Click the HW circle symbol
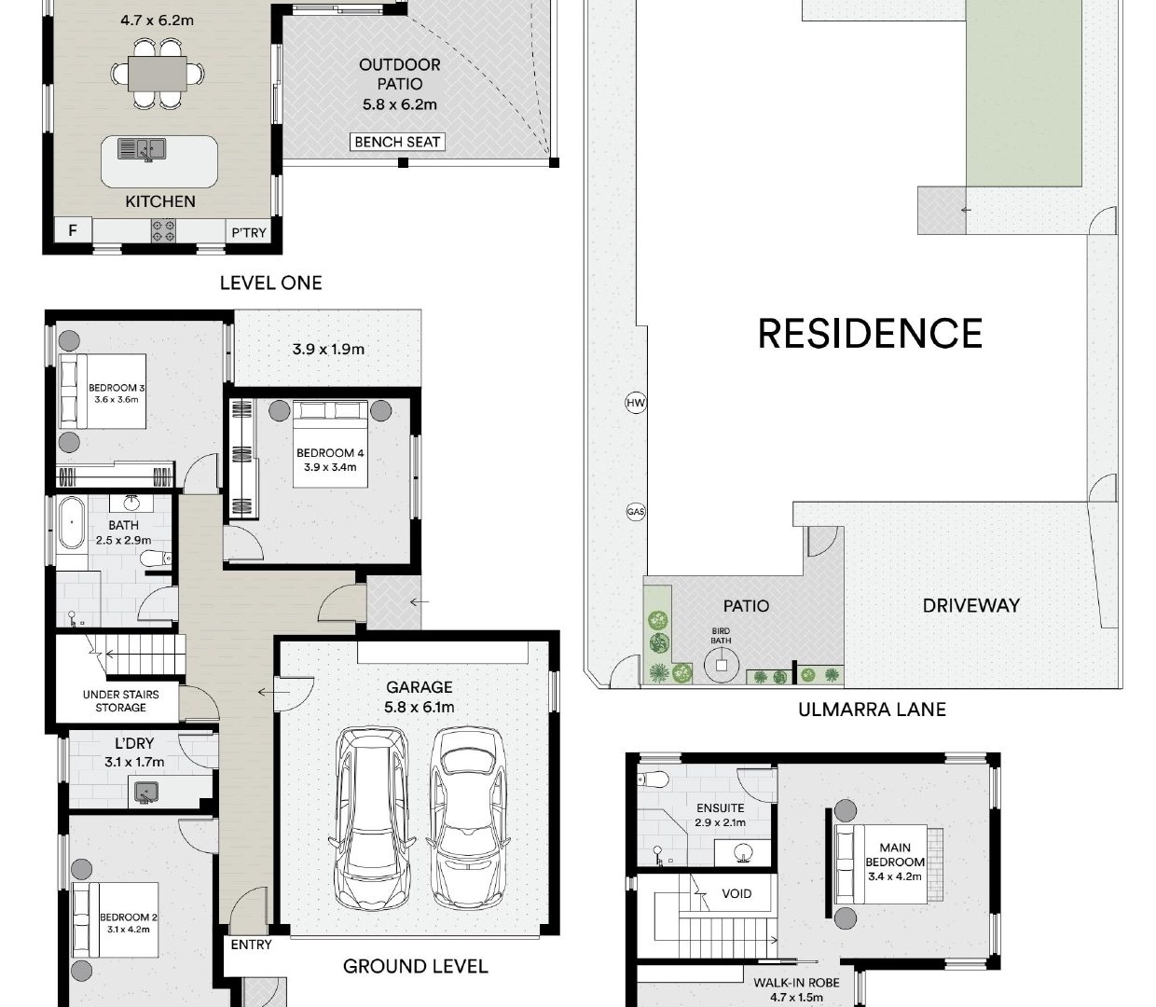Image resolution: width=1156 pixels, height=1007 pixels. [x=635, y=403]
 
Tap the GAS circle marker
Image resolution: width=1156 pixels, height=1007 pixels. [x=635, y=511]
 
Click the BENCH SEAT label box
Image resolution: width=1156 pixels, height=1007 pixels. [x=396, y=142]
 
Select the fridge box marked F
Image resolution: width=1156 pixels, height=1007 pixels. [x=73, y=230]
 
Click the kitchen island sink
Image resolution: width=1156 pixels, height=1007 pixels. [x=142, y=149]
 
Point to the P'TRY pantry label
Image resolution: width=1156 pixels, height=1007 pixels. [x=249, y=232]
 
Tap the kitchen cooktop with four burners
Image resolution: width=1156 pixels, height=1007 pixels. [x=163, y=231]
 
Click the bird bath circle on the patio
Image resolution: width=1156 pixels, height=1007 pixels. [x=721, y=665]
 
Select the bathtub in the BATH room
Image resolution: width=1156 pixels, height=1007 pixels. [x=72, y=523]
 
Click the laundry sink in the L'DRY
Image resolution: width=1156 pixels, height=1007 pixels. [x=145, y=792]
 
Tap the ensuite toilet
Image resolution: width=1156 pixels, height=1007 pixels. [x=654, y=779]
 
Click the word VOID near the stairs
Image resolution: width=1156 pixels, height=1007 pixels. [x=736, y=893]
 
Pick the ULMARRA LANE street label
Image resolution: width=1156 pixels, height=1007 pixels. [x=872, y=710]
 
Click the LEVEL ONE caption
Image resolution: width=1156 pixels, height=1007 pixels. [x=270, y=283]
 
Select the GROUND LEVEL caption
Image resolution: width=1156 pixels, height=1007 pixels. [x=415, y=966]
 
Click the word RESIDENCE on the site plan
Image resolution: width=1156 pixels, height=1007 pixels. [x=870, y=333]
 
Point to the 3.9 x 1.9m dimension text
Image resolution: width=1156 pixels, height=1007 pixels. [x=328, y=350]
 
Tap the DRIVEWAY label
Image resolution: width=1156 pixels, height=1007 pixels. [x=970, y=606]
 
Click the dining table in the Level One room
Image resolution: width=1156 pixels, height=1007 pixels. [x=158, y=74]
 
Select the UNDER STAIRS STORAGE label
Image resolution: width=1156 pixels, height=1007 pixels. [x=120, y=701]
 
